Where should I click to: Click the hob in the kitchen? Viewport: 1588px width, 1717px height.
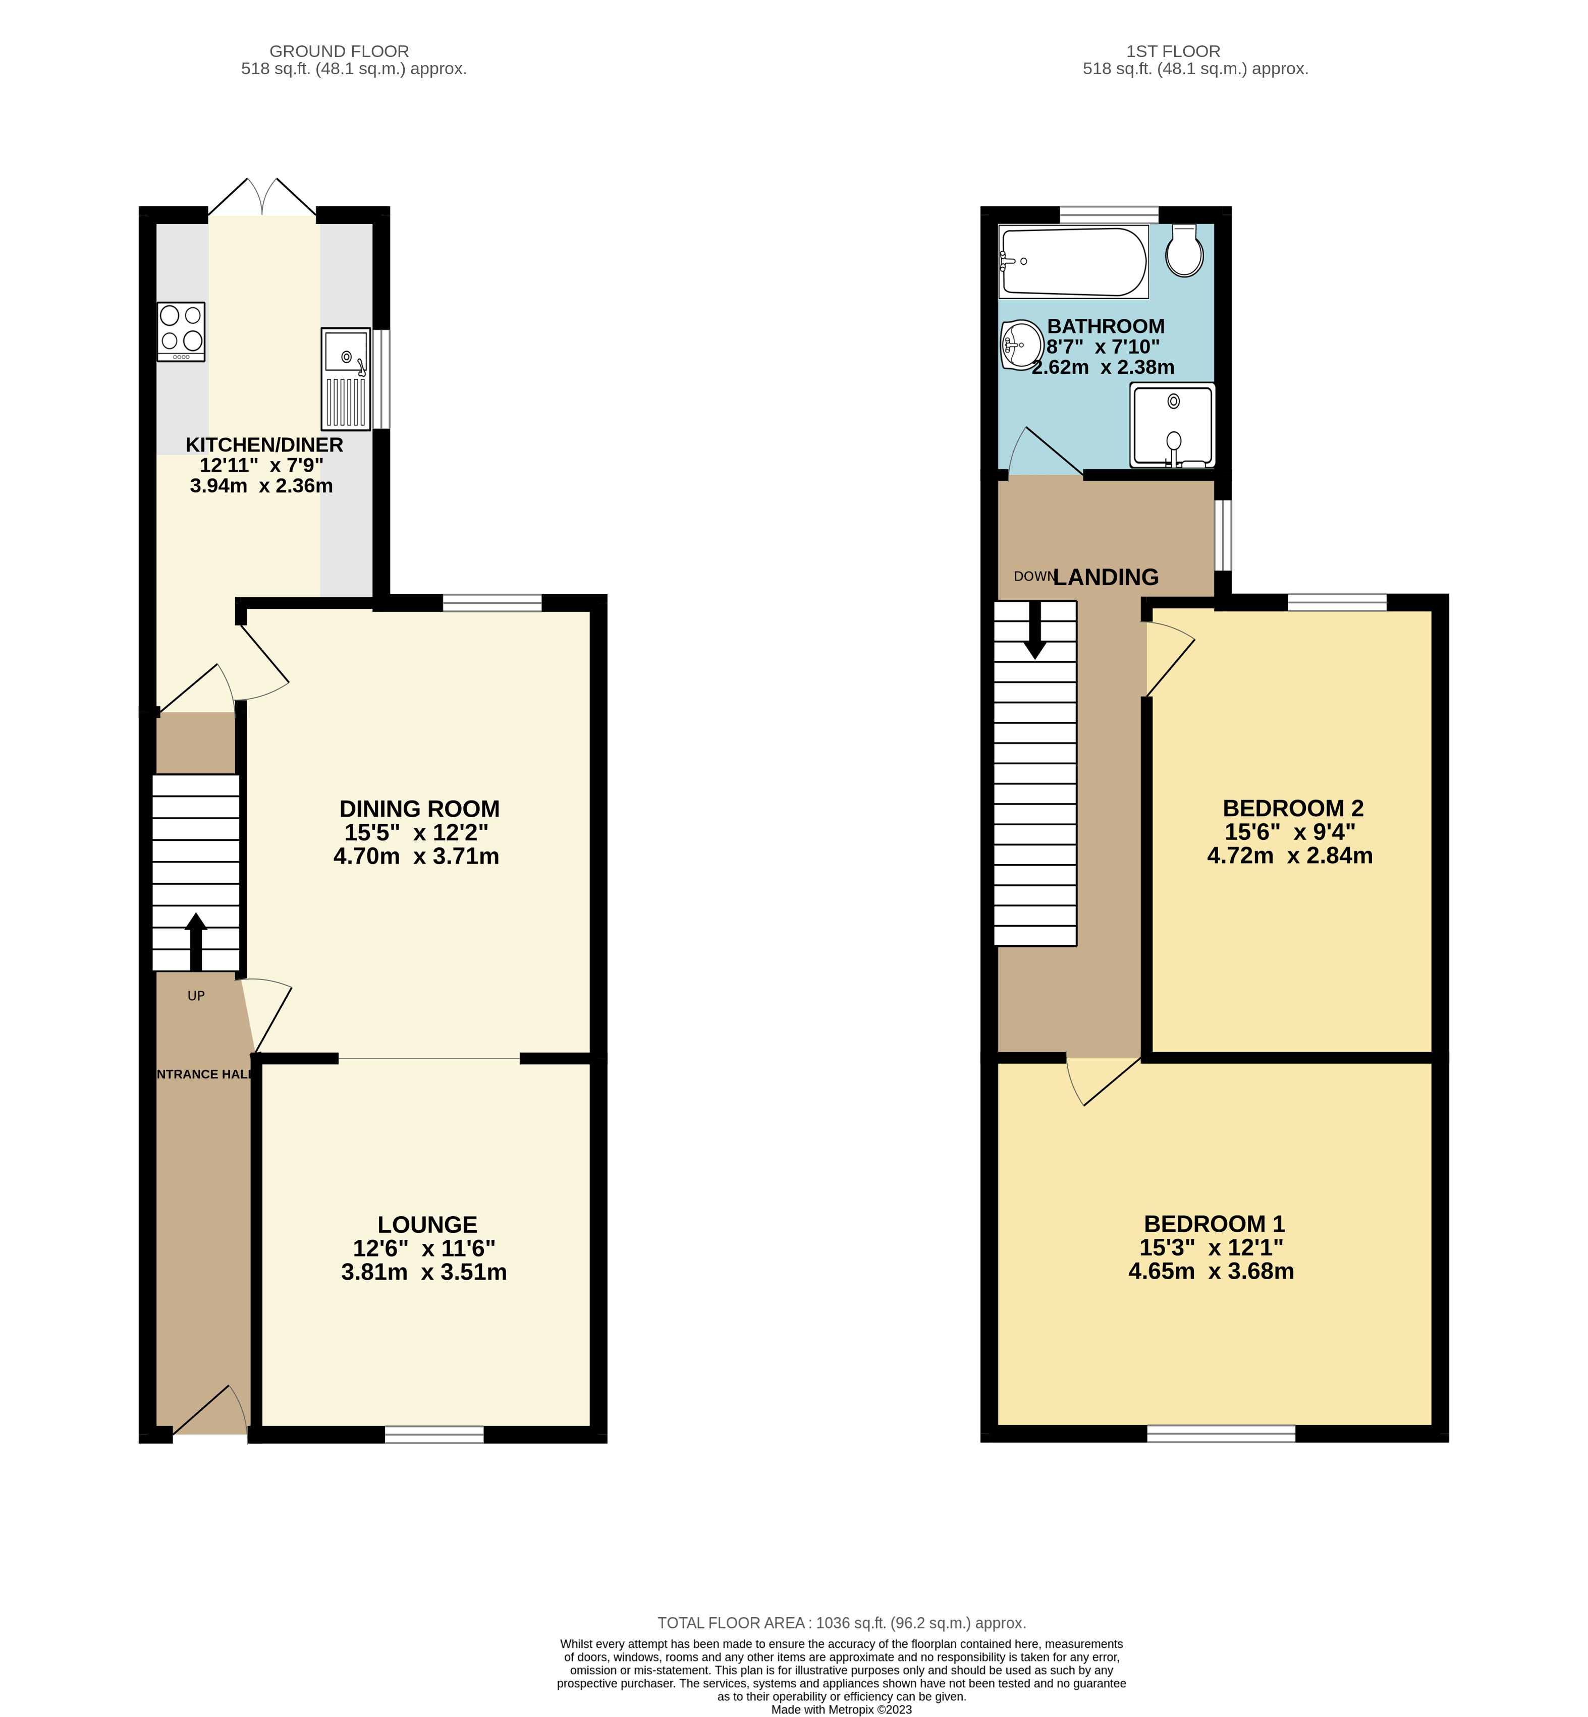click(x=181, y=331)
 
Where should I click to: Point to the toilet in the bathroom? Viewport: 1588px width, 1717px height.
click(x=1185, y=251)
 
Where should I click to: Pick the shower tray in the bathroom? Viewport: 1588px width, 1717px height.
click(x=1172, y=425)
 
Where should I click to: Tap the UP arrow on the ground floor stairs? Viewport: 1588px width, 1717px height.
click(x=196, y=941)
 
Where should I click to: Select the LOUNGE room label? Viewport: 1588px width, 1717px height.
click(x=427, y=1225)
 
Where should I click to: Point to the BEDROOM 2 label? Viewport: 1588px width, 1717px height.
click(x=1292, y=808)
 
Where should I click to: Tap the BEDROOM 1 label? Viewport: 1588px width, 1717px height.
click(x=1214, y=1224)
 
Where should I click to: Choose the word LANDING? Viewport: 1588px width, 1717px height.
click(x=1106, y=577)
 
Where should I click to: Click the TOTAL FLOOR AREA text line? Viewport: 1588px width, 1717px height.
click(x=841, y=1623)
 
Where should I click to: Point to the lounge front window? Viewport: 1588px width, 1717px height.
click(x=434, y=1435)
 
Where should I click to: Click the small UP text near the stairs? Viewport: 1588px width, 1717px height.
click(x=196, y=996)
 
